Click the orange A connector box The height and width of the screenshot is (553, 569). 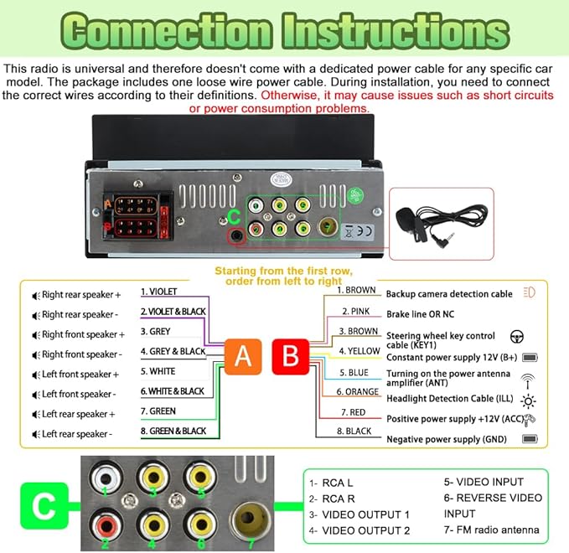click(243, 357)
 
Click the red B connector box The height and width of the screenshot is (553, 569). click(291, 357)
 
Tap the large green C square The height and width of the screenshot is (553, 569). click(44, 505)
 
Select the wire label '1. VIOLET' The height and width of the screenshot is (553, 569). click(158, 292)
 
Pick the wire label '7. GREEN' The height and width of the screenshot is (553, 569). click(158, 411)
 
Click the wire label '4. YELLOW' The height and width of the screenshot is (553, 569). click(360, 351)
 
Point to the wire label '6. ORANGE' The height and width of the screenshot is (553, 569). click(358, 392)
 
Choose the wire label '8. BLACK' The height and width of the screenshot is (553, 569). click(354, 431)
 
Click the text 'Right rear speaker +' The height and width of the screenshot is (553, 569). click(81, 295)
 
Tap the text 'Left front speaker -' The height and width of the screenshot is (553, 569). click(79, 394)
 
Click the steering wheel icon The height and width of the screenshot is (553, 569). click(517, 337)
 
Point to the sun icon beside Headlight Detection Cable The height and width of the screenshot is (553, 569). click(528, 401)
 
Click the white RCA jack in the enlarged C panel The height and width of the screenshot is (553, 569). click(106, 478)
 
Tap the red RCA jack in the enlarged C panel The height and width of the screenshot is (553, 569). click(106, 525)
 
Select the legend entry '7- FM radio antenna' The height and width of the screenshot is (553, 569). click(491, 530)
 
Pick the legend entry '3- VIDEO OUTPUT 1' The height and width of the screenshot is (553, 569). click(360, 515)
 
